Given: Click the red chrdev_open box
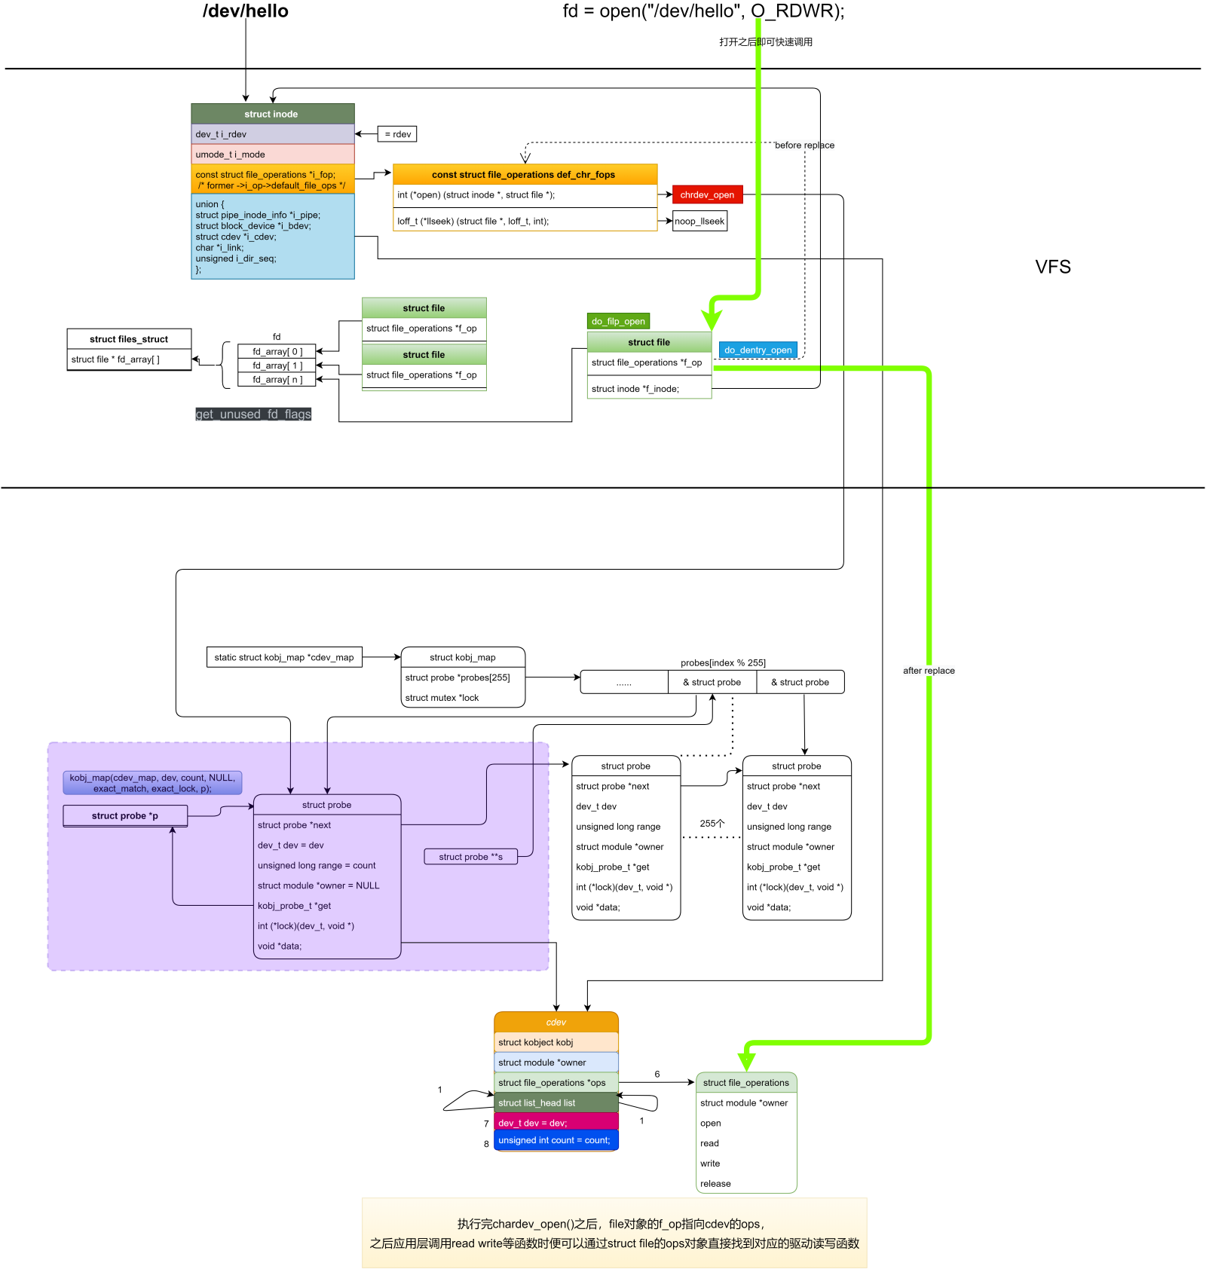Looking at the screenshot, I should [707, 194].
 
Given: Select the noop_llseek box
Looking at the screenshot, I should [699, 221].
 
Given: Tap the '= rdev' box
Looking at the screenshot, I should [397, 134].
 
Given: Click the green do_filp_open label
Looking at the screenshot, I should [618, 321].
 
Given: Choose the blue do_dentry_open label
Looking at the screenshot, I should [758, 350].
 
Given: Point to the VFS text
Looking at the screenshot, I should [1052, 267].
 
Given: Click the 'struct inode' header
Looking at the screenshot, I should [272, 114].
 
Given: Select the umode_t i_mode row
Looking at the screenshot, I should [272, 154].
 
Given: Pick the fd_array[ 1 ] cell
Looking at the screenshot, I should [277, 365].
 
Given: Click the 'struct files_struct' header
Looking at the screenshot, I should [129, 339].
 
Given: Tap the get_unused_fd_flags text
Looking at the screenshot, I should [253, 414].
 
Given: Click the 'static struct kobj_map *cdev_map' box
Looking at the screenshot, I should [284, 657].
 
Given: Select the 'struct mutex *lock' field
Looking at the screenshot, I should [442, 698].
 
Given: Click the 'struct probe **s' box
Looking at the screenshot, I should [471, 857].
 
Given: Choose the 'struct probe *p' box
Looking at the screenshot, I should [125, 815].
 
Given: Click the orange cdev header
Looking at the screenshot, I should [556, 1022].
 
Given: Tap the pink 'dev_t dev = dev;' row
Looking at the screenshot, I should [556, 1123].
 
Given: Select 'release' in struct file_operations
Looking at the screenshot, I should [715, 1184].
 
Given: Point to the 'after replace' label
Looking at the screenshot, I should [929, 671].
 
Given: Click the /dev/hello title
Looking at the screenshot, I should [246, 11].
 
